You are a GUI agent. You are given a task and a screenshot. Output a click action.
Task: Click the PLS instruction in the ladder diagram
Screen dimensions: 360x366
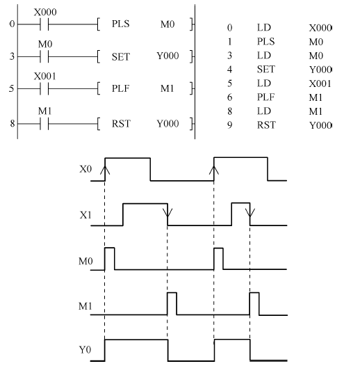coord(120,24)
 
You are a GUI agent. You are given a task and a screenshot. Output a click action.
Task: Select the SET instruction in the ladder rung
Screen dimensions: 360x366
coord(120,57)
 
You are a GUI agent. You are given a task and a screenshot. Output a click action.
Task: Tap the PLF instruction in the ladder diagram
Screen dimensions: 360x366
coord(120,88)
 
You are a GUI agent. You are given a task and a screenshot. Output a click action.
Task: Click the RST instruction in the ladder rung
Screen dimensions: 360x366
coord(121,123)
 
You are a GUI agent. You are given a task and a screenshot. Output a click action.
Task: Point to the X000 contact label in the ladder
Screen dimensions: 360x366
coord(45,12)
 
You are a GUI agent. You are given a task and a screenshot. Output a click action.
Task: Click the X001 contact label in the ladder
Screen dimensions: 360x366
coord(45,77)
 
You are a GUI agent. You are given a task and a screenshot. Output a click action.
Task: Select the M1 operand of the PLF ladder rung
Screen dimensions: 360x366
coord(167,88)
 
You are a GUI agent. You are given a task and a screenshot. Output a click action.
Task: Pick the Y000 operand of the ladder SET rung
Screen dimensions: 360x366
coord(167,56)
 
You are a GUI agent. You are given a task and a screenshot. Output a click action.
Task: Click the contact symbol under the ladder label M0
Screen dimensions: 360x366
coord(44,57)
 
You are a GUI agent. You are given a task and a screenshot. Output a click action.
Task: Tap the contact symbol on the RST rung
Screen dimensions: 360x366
coord(44,124)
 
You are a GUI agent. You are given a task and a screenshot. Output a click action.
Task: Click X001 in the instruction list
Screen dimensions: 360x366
coord(320,83)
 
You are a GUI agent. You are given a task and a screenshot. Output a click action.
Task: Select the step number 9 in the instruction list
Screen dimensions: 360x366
coord(229,125)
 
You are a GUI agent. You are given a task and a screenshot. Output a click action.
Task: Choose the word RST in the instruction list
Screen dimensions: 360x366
coord(266,125)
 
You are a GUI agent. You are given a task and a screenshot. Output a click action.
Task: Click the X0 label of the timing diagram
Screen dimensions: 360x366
coord(85,169)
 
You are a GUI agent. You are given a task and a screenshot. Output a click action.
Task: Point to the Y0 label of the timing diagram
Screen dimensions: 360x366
coord(85,350)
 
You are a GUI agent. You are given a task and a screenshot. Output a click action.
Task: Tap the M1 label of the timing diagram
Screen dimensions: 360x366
coord(85,306)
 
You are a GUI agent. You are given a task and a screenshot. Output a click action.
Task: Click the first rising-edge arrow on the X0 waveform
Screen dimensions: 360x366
coord(105,170)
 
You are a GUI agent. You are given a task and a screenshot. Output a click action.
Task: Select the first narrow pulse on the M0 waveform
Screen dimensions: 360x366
coord(110,259)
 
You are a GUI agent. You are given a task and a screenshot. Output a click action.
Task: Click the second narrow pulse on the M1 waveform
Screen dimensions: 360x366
coord(254,303)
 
